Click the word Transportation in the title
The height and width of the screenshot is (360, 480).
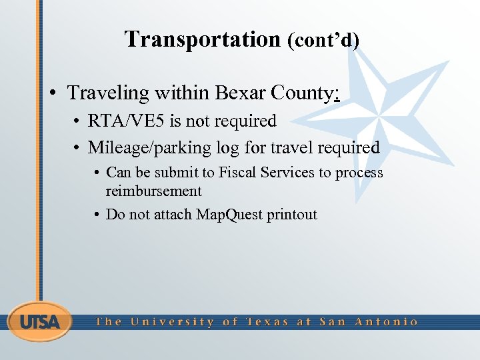pyautogui.click(x=202, y=39)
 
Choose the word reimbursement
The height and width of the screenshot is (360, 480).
pyautogui.click(x=153, y=191)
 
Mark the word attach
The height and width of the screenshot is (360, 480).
pyautogui.click(x=173, y=215)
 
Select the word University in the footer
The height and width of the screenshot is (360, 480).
pyautogui.click(x=173, y=322)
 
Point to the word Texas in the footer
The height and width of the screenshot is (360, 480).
pyautogui.click(x=268, y=322)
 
